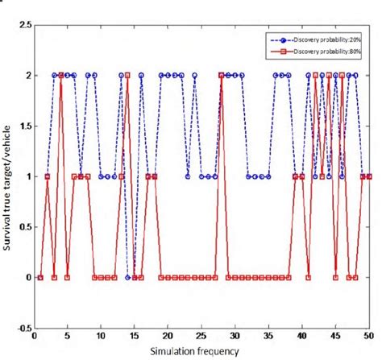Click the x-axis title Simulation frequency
[202, 351]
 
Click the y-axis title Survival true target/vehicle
[10, 177]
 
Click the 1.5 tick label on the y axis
[23, 126]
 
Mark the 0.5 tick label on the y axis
[23, 227]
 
